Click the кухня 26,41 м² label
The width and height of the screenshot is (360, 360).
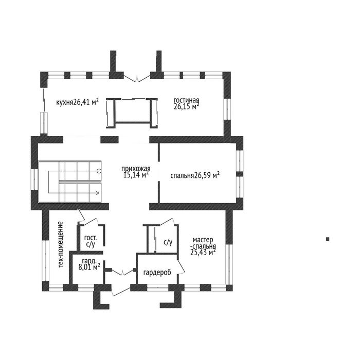pos(77,102)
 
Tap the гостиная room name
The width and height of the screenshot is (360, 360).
pos(186,100)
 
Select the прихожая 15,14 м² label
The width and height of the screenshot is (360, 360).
pos(136,172)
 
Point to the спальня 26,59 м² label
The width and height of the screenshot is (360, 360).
pos(195,175)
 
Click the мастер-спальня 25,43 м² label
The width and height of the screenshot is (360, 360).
pos(203,246)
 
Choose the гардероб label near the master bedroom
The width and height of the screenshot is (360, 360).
pos(157,273)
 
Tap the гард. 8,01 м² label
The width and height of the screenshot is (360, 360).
pos(89,264)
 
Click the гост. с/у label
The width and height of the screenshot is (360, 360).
pos(91,241)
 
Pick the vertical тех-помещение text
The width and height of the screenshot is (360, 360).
pos(61,244)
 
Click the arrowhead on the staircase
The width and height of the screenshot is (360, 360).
pos(98,193)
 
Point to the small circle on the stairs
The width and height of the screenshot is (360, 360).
pos(99,171)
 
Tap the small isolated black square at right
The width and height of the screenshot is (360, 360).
pos(328,239)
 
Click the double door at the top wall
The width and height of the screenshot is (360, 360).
pos(137,78)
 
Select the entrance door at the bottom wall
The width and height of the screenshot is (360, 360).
pos(121,291)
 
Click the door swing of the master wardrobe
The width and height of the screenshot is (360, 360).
pos(181,266)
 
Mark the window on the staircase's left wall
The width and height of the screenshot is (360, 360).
pos(34,179)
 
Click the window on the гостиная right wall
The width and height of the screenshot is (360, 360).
pos(227,109)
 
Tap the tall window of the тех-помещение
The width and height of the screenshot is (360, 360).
pos(45,261)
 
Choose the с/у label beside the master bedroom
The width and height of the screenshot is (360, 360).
pos(168,242)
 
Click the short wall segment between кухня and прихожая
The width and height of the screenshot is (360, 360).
pos(110,139)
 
